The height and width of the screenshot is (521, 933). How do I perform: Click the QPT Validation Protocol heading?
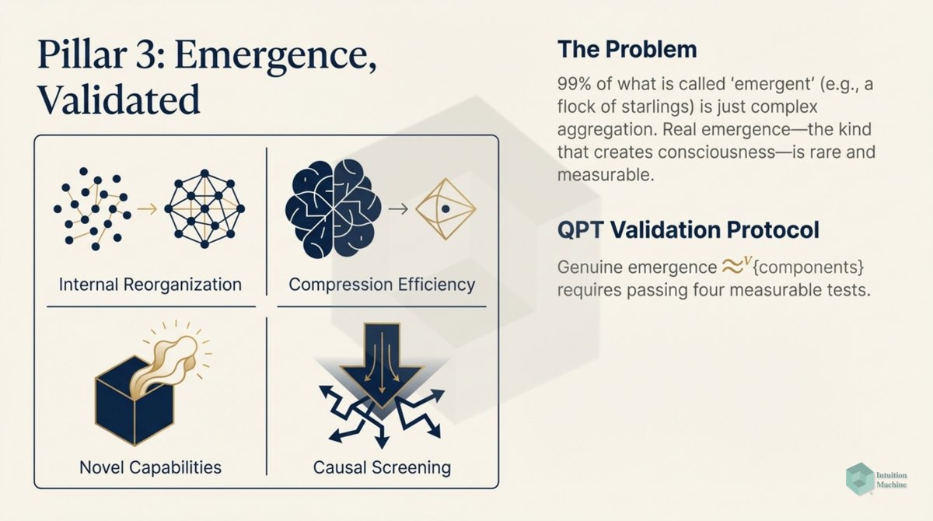[x=688, y=230]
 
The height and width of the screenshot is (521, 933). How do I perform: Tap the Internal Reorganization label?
[x=150, y=284]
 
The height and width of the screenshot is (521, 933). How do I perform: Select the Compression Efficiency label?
[x=381, y=284]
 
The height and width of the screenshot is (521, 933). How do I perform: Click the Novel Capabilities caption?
[x=150, y=467]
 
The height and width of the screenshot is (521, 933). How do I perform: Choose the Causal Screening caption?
[x=382, y=467]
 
